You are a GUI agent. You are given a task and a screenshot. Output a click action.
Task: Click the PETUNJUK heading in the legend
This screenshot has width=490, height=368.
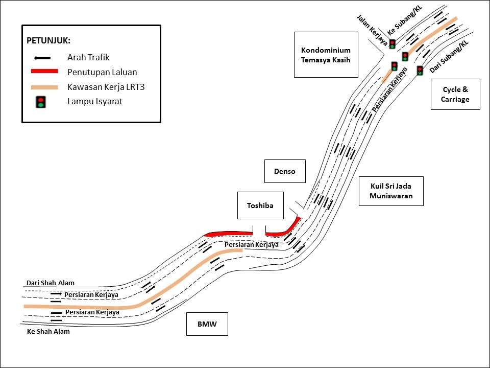[48, 40]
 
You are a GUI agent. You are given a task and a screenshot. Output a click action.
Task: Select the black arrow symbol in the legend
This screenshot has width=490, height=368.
[41, 58]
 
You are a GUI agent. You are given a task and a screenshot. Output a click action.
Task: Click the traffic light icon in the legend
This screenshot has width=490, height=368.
[41, 102]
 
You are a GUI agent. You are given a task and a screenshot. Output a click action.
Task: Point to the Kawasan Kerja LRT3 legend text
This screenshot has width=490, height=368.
[106, 87]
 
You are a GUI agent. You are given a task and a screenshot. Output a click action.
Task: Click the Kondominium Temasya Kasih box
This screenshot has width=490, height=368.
[326, 55]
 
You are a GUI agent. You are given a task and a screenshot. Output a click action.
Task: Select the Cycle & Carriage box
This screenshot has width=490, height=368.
[455, 94]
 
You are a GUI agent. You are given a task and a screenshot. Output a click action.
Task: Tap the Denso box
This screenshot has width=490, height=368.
[285, 171]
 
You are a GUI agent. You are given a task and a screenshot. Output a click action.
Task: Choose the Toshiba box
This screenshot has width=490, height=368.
[260, 205]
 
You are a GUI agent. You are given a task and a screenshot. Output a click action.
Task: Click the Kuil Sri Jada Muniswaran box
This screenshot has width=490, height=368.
[391, 191]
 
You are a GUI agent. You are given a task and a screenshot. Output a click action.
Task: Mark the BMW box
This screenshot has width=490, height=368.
[207, 324]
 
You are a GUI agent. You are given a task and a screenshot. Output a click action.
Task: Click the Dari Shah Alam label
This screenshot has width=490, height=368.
[51, 283]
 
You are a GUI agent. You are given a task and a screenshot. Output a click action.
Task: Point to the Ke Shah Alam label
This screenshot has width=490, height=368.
[48, 331]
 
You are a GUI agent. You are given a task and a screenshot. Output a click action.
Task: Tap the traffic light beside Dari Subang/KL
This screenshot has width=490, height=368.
[420, 71]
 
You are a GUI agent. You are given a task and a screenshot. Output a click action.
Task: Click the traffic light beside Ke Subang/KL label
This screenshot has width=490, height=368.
[392, 44]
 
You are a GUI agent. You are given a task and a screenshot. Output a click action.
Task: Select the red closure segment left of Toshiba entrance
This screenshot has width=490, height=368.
[228, 234]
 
